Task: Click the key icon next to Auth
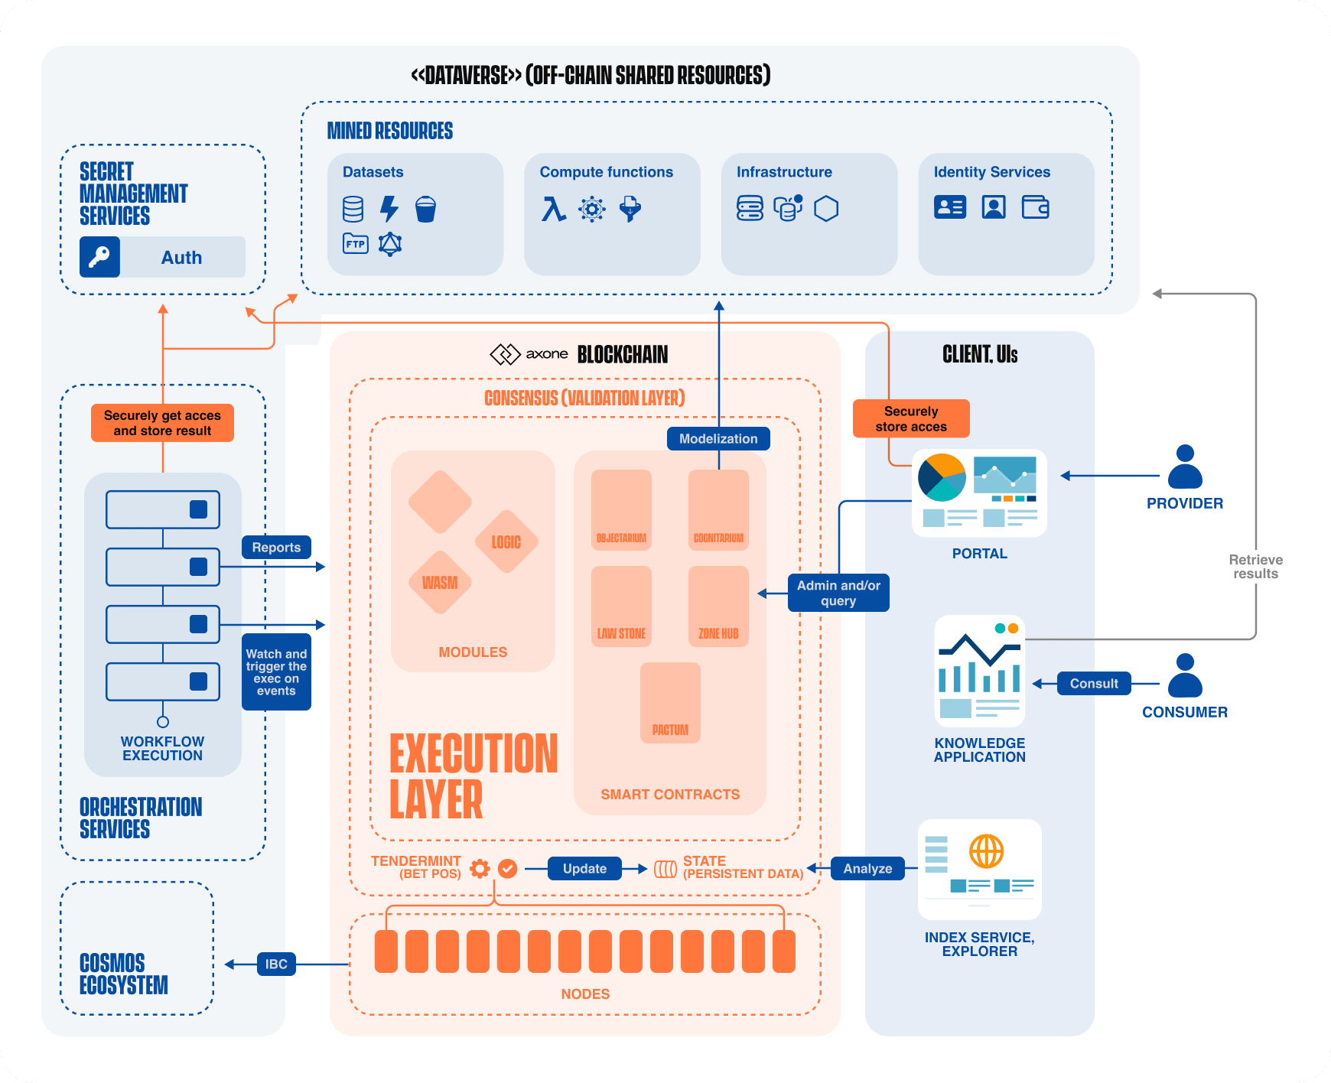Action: (x=99, y=257)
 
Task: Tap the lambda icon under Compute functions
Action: (x=553, y=208)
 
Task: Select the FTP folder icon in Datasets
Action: (x=355, y=244)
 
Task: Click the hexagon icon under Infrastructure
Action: (x=826, y=208)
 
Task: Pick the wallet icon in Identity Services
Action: (x=1035, y=207)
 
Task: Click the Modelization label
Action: (x=718, y=438)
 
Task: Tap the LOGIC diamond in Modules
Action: (x=506, y=542)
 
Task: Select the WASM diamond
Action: (x=440, y=583)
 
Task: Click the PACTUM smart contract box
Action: (x=670, y=702)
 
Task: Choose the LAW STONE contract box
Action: (x=621, y=606)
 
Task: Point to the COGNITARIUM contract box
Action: (x=718, y=509)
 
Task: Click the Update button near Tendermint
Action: (x=584, y=869)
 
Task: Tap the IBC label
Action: (x=276, y=964)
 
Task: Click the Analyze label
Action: (x=867, y=869)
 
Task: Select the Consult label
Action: (x=1094, y=684)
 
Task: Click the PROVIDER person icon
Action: (x=1185, y=467)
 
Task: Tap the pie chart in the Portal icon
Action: (x=942, y=478)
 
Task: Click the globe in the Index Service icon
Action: (x=986, y=851)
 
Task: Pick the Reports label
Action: (x=276, y=548)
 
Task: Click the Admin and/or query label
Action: (x=838, y=593)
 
